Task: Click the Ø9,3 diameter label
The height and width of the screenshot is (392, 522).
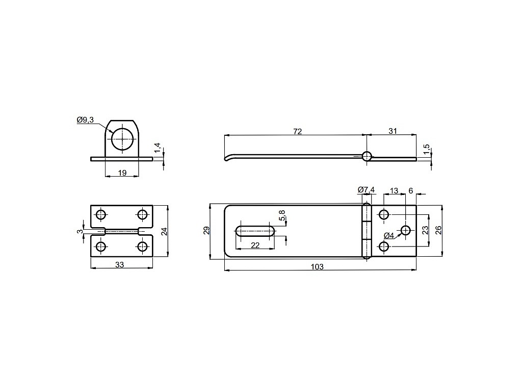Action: pos(85,119)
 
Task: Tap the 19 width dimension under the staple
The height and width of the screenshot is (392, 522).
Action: pos(122,173)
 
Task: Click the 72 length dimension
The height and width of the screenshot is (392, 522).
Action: pos(297,131)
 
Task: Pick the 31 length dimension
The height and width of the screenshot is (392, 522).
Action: pos(393,131)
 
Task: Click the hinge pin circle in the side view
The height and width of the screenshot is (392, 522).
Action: pos(367,156)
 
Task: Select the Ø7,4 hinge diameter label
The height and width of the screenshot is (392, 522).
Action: pos(366,190)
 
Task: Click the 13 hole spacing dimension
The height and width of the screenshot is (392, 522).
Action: pos(394,191)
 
